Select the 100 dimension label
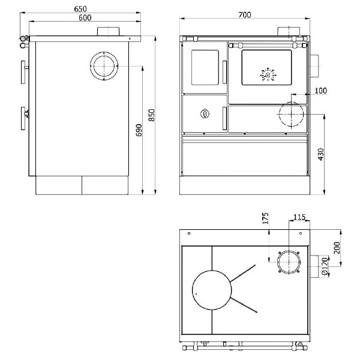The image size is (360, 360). [x=320, y=91]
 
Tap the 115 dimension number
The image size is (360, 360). [x=299, y=217]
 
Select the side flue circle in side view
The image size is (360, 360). [x=105, y=65]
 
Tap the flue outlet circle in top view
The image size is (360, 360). [x=289, y=263]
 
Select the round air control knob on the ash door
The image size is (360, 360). [x=205, y=113]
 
